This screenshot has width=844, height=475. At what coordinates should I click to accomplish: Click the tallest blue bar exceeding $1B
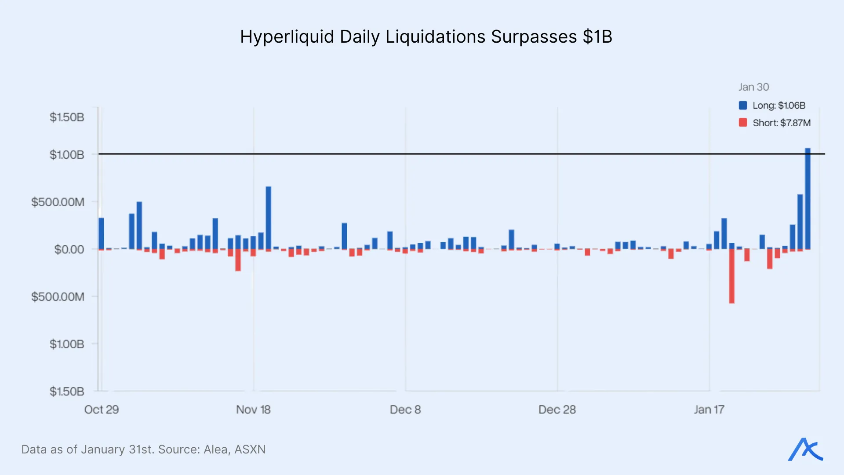pyautogui.click(x=808, y=198)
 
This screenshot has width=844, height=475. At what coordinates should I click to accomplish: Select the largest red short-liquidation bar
pyautogui.click(x=731, y=276)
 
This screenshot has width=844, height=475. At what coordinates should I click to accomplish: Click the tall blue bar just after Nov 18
pyautogui.click(x=268, y=218)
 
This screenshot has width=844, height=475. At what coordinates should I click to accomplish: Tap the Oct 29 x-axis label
pyautogui.click(x=102, y=409)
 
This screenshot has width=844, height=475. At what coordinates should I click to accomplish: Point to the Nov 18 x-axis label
pyautogui.click(x=253, y=409)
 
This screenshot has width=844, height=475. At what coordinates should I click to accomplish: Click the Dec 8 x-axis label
pyautogui.click(x=405, y=409)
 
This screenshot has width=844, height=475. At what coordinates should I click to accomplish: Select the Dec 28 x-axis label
pyautogui.click(x=557, y=409)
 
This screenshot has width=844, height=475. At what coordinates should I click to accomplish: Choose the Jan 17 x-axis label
pyautogui.click(x=709, y=409)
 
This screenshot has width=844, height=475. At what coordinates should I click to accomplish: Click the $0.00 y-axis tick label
pyautogui.click(x=69, y=249)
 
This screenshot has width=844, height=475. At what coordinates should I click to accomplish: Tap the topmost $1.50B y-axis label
pyautogui.click(x=66, y=117)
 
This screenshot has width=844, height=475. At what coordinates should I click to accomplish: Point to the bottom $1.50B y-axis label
pyautogui.click(x=66, y=391)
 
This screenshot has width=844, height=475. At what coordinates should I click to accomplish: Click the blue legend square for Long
pyautogui.click(x=743, y=105)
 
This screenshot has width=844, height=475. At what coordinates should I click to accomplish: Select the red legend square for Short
pyautogui.click(x=743, y=123)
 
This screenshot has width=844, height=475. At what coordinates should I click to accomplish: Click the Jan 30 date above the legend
pyautogui.click(x=753, y=87)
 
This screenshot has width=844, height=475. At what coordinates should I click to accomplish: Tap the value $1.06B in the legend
pyautogui.click(x=792, y=106)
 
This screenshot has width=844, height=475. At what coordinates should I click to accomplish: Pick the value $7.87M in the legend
pyautogui.click(x=795, y=123)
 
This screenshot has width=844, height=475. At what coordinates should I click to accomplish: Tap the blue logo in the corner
pyautogui.click(x=805, y=449)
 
